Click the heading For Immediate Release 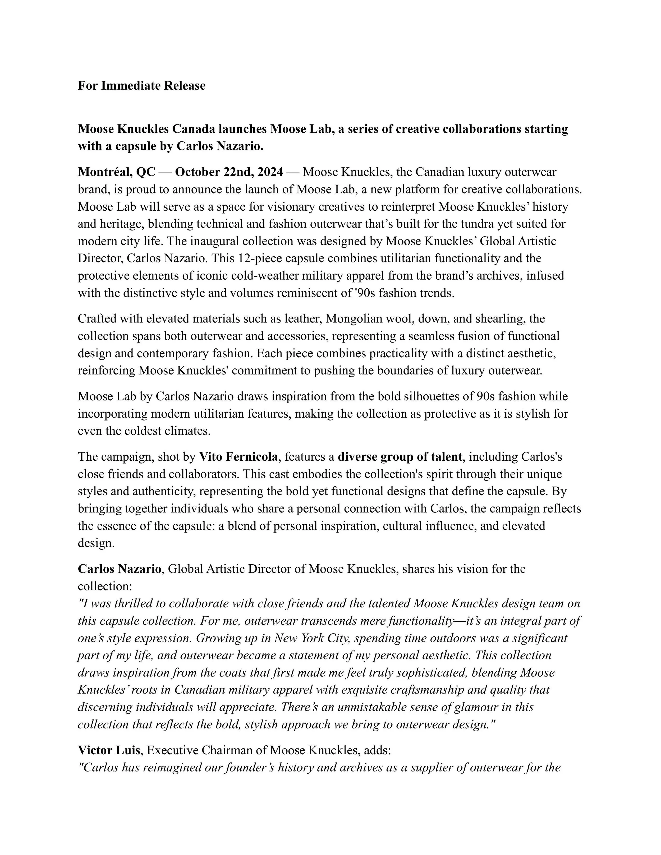141,86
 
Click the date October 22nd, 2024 229,172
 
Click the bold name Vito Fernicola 239,456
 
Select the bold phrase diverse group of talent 400,456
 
